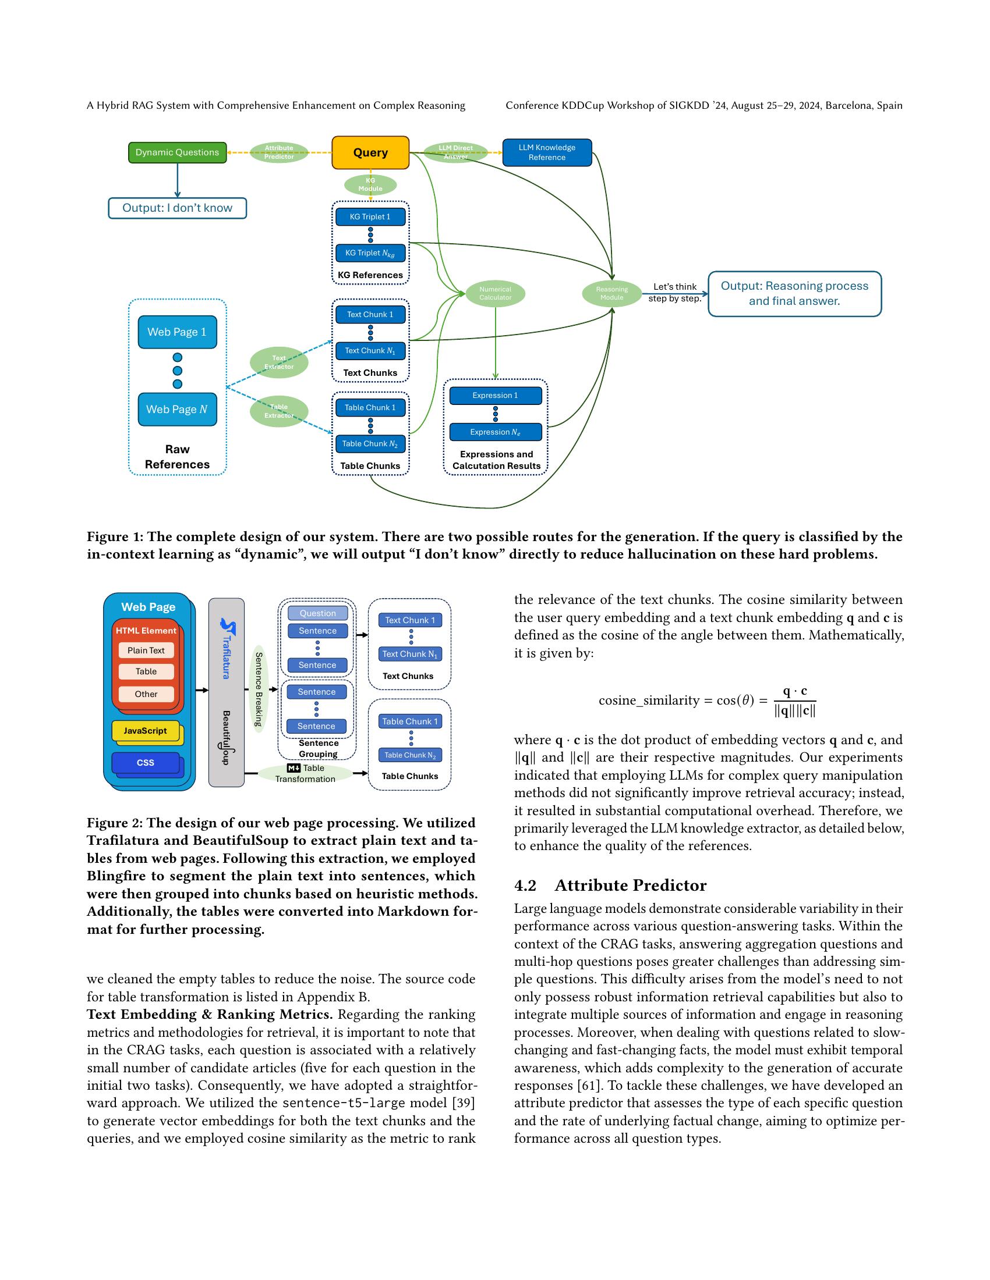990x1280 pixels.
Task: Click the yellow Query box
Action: coord(370,153)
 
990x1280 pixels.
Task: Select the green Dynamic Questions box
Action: coord(177,152)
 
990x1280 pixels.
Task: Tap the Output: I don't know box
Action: coord(177,208)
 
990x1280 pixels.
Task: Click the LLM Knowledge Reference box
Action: coord(547,152)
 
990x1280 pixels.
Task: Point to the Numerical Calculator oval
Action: coord(495,293)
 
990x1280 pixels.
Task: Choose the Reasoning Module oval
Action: coord(611,293)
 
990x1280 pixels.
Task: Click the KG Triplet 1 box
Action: coord(370,217)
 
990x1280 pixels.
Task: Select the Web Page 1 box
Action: coord(177,332)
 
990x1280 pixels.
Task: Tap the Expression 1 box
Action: coord(495,396)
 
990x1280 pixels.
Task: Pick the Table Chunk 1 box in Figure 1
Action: coord(370,407)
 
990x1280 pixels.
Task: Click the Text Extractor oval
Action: coord(278,362)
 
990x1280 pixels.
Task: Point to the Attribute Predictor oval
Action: coord(278,152)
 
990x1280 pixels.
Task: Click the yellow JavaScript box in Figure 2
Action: coord(145,731)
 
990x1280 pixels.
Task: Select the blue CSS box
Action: coord(145,763)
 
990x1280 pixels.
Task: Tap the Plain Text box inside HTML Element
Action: coord(146,650)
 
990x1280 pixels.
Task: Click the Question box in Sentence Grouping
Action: coord(317,613)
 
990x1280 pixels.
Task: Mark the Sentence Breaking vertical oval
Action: coord(258,689)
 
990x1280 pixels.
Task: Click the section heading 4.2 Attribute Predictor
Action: coord(610,885)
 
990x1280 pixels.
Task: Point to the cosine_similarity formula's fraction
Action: coord(795,701)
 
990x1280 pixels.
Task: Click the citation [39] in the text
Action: coord(465,1103)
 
